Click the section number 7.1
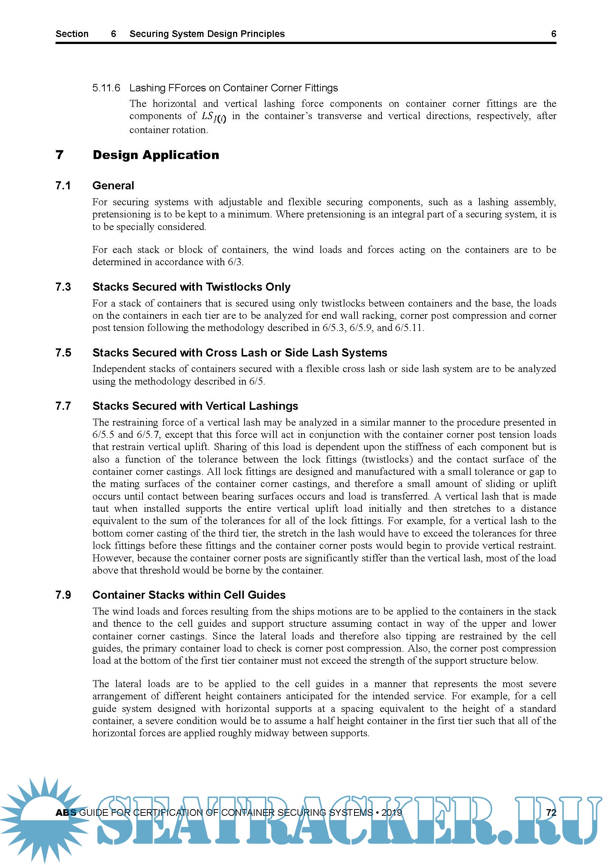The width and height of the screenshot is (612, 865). (63, 185)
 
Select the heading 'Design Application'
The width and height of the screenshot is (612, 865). (156, 155)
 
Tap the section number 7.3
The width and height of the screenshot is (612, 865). (63, 287)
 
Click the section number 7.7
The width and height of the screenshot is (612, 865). (63, 406)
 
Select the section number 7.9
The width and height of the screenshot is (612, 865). (63, 595)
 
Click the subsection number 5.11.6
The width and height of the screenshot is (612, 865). (106, 88)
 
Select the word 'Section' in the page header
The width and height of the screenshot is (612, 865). (72, 34)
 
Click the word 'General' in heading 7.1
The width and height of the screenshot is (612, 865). (113, 185)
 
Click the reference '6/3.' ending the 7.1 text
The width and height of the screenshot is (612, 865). (236, 262)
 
